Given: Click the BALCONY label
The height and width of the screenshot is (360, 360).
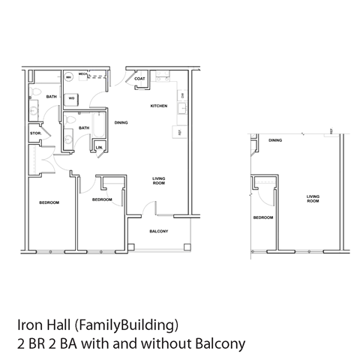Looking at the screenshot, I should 158,231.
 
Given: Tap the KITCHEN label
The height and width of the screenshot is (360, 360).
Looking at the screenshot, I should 158,106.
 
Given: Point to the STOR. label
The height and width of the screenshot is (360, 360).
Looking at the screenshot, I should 34,133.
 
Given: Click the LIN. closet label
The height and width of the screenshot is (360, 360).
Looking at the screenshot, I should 99,148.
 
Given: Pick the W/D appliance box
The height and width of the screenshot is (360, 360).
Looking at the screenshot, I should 73,97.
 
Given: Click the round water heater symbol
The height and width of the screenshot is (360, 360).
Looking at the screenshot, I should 68,76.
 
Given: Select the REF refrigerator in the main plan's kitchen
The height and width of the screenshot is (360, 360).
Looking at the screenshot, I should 180,132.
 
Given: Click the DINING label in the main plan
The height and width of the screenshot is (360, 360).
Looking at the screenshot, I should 120,121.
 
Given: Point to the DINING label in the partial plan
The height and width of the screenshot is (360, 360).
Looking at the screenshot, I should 275,139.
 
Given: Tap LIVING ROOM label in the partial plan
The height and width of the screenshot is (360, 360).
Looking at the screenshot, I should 313,199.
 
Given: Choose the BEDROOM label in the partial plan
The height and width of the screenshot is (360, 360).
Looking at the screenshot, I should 262,217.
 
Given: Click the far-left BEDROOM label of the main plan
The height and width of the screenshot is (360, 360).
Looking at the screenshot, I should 49,202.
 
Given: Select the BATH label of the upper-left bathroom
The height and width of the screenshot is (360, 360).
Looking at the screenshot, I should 51,97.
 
